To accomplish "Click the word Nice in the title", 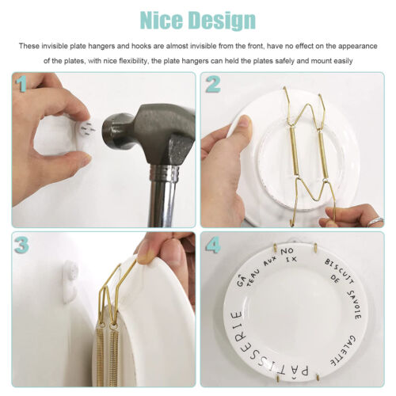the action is tap(162, 21).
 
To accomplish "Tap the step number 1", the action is tap(21, 84).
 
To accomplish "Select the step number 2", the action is tap(213, 85).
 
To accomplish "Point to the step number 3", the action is tap(21, 245).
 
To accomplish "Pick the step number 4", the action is tap(213, 245).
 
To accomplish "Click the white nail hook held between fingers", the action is tap(85, 130).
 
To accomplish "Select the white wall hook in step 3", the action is tap(70, 281).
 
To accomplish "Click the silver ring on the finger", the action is tap(376, 221).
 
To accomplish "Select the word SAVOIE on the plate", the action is tap(354, 305).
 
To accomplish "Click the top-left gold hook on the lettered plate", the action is tap(275, 248).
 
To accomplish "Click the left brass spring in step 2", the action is tap(295, 152).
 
